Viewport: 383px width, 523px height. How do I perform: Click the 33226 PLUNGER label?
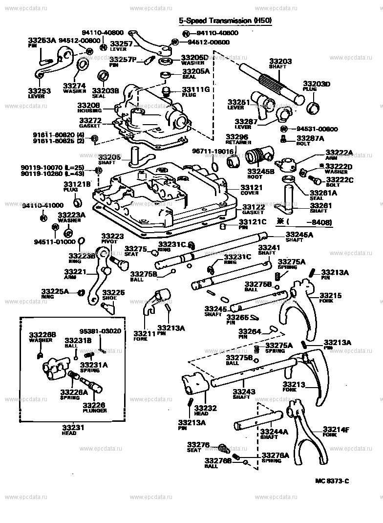[x=94, y=407]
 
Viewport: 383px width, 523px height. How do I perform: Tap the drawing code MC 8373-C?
[x=332, y=480]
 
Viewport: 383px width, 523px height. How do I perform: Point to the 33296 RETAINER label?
[x=238, y=140]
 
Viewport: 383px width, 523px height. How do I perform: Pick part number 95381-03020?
[x=100, y=331]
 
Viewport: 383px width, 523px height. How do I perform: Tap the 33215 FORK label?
[x=330, y=298]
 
